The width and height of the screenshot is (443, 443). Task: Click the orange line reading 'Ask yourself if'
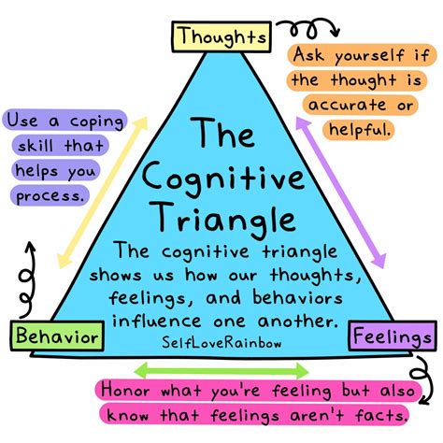click(359, 55)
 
